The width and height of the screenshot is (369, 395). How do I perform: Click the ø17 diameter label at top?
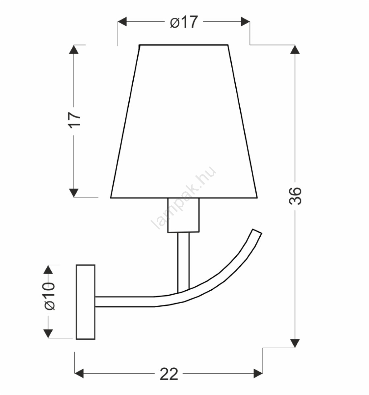(x=184, y=22)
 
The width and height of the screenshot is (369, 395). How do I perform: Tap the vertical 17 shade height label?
(x=74, y=120)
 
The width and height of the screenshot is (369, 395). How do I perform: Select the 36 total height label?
(x=295, y=196)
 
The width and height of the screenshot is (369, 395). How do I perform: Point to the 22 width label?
(x=169, y=374)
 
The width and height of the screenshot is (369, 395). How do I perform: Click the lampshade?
(x=184, y=121)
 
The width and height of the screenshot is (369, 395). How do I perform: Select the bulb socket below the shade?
(x=183, y=215)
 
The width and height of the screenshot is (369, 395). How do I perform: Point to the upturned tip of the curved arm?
(x=257, y=231)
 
